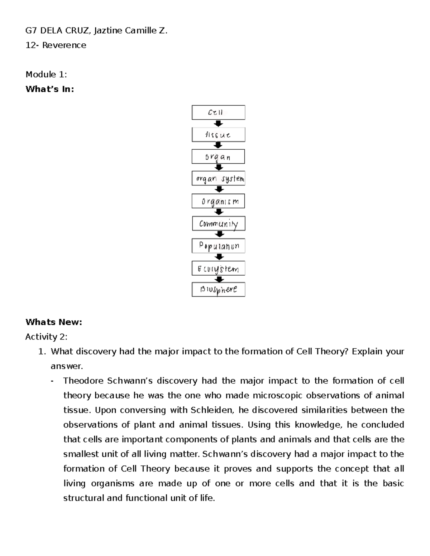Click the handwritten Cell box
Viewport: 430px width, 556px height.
coord(218,112)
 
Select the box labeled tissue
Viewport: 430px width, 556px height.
coord(218,135)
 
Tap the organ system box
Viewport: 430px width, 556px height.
coord(218,178)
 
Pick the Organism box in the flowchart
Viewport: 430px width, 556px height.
coord(218,201)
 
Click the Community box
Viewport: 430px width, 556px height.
coord(219,224)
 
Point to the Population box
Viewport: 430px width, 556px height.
coord(219,246)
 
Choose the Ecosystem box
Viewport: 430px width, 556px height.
coord(219,269)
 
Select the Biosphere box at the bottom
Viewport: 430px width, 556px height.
coord(219,290)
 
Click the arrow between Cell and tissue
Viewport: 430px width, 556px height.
coord(218,124)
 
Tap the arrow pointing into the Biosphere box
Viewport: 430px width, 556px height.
coord(219,279)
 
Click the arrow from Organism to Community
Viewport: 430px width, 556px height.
coord(219,212)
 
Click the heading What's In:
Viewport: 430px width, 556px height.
coord(50,89)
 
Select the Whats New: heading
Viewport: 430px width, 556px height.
coord(54,322)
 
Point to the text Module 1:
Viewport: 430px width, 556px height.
coord(46,74)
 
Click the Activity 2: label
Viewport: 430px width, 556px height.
coord(46,337)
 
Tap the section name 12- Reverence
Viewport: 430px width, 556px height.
coord(56,45)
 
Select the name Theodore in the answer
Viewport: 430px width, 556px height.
coord(81,381)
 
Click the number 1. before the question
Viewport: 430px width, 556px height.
coord(42,352)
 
